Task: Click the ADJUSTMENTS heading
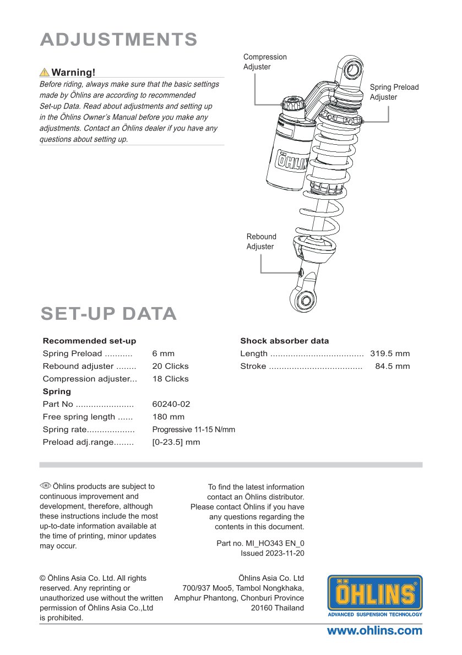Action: pos(119,40)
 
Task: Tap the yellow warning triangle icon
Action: pos(44,72)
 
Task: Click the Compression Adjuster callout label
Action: pos(265,62)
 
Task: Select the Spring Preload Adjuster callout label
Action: pos(394,92)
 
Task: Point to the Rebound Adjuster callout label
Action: pos(261,242)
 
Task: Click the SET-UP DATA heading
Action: pos(108,314)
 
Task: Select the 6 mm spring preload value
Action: pos(163,353)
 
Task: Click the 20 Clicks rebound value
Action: pos(170,366)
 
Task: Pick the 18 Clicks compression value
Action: pos(170,379)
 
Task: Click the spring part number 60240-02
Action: pos(171,404)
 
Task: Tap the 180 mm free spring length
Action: pos(168,417)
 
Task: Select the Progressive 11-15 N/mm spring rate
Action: pos(193,429)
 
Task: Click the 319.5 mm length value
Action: pos(390,353)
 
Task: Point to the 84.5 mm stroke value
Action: pos(392,366)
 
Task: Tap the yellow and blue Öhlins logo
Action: pos(375,595)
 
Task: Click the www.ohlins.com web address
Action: pos(374,631)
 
